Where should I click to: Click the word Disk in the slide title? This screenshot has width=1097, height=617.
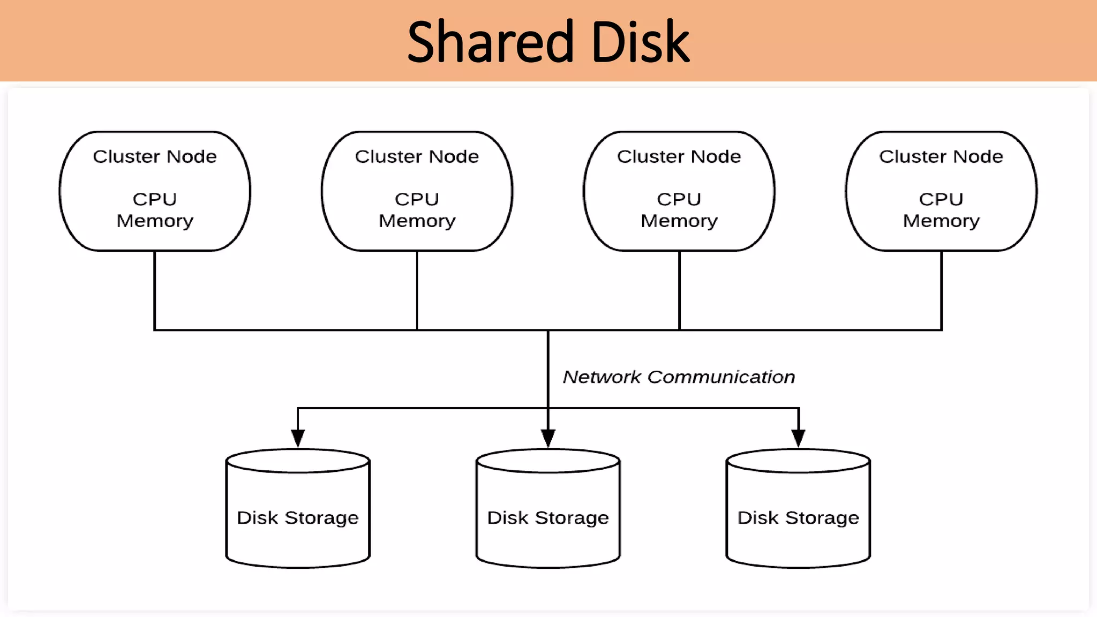click(x=640, y=42)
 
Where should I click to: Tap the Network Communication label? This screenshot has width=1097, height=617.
click(x=679, y=377)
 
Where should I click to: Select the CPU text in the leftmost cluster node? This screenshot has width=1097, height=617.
click(x=155, y=199)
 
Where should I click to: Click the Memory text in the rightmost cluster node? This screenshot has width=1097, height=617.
click(x=941, y=221)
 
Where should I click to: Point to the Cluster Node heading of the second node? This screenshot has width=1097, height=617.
click(x=417, y=156)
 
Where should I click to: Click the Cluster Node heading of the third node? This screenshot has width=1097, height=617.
click(x=679, y=156)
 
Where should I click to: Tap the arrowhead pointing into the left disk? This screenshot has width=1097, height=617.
click(x=298, y=438)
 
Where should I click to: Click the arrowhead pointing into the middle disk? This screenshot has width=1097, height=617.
click(x=548, y=438)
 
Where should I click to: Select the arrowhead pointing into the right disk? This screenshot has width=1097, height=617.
click(x=798, y=438)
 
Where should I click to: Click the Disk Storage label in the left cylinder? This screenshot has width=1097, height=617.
click(x=298, y=518)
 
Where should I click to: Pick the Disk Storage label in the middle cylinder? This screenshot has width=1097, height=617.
click(x=548, y=518)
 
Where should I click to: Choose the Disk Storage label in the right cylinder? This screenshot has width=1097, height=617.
click(x=798, y=518)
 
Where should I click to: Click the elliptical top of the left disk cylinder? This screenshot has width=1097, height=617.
click(x=298, y=461)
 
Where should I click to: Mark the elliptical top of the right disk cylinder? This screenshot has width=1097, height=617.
click(x=798, y=461)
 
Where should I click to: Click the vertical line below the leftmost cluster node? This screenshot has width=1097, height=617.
click(x=155, y=289)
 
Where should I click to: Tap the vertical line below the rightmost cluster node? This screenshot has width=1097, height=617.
click(x=941, y=289)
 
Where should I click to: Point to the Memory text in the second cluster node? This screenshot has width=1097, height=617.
click(x=417, y=221)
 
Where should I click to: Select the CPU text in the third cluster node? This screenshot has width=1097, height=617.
click(x=679, y=199)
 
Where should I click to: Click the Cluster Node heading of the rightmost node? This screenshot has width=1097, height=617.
click(x=941, y=156)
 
